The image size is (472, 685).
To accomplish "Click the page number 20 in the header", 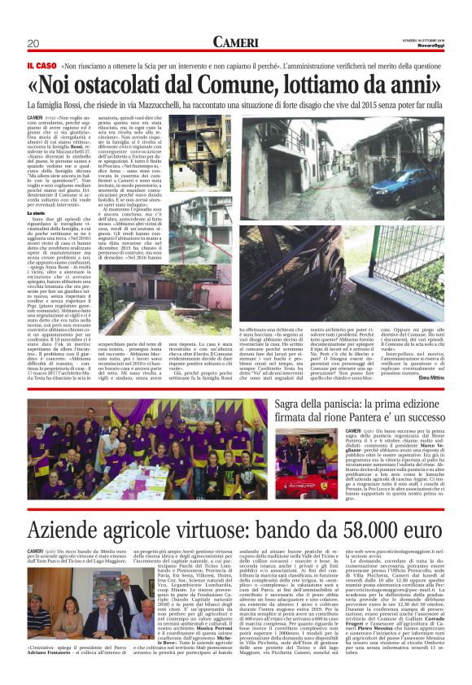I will pos(33,43).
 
